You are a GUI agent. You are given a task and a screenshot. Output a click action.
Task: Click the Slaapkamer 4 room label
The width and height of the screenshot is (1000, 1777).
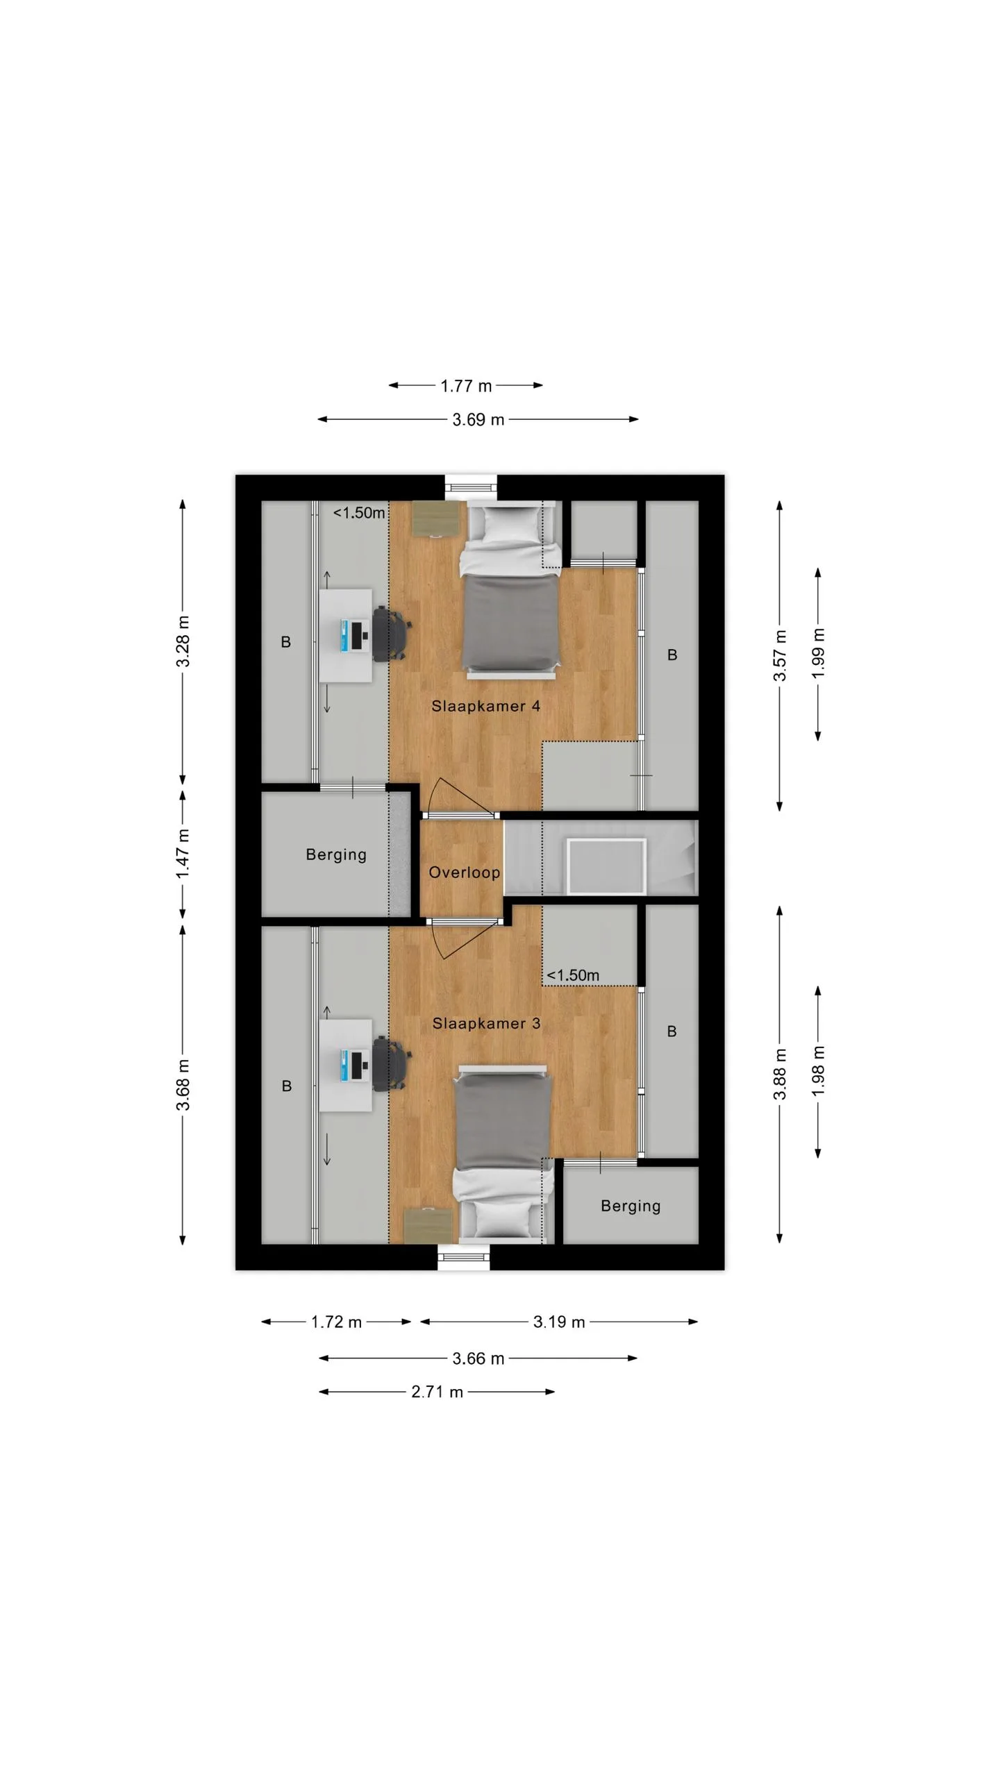point(485,706)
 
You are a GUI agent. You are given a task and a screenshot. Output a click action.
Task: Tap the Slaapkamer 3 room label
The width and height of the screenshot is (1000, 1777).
point(486,1023)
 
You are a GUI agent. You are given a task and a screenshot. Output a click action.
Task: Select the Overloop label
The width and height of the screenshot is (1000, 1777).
point(464,873)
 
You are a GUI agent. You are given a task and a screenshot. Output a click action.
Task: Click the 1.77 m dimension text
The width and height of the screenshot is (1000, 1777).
point(466,385)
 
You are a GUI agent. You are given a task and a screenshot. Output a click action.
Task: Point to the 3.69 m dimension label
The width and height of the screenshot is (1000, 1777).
point(478,419)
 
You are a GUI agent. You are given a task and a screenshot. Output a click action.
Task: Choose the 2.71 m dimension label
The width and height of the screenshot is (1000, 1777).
point(437,1392)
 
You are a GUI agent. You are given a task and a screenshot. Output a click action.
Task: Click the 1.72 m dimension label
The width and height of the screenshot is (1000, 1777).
point(336,1322)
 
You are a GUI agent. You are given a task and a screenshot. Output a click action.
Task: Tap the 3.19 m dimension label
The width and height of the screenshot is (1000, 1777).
point(559,1322)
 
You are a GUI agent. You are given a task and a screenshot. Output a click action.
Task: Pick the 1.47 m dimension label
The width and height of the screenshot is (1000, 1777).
point(183,854)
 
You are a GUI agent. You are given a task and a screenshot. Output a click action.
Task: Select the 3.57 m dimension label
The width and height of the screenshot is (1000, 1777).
point(780,655)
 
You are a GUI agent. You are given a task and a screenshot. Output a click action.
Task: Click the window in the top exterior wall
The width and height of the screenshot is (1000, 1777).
point(472,487)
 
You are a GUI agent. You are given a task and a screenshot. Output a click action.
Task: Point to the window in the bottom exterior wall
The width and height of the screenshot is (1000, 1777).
point(463,1256)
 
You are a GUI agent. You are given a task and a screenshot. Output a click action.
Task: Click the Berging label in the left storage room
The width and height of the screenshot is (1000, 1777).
point(336,854)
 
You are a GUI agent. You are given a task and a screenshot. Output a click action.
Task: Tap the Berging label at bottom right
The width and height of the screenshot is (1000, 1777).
point(631,1206)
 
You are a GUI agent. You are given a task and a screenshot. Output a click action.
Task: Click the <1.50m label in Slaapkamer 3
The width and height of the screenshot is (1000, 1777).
point(573,975)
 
